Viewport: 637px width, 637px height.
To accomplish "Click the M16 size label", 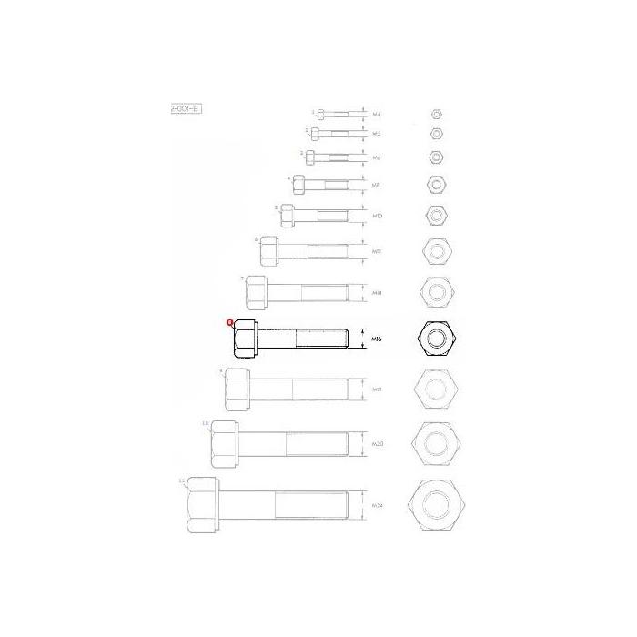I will point(377,339).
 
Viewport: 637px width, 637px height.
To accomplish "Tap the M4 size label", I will point(377,114).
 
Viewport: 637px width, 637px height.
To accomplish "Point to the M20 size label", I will point(377,443).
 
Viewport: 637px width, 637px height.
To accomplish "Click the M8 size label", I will point(377,185).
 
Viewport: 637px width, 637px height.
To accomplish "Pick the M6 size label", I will point(377,157).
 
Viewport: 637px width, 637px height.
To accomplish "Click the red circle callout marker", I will point(231,321).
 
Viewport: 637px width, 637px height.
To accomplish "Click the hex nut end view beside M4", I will point(436,114).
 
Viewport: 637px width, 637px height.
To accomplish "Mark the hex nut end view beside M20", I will point(436,443).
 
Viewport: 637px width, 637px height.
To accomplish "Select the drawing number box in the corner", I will point(185,108).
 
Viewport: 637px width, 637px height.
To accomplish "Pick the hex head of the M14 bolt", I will point(255,292).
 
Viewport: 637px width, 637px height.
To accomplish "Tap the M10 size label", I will point(377,216).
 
